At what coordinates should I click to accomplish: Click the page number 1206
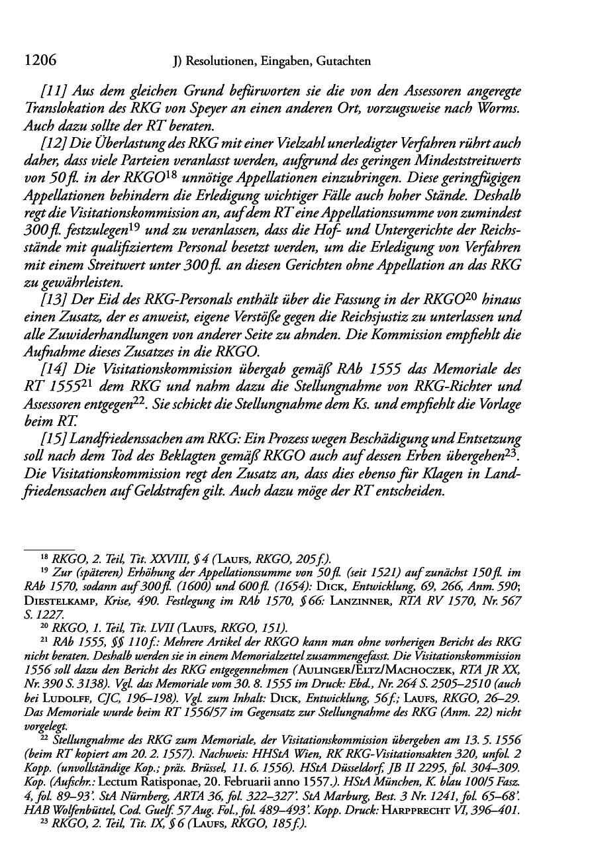[38, 62]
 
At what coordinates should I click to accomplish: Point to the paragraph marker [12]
[54, 142]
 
